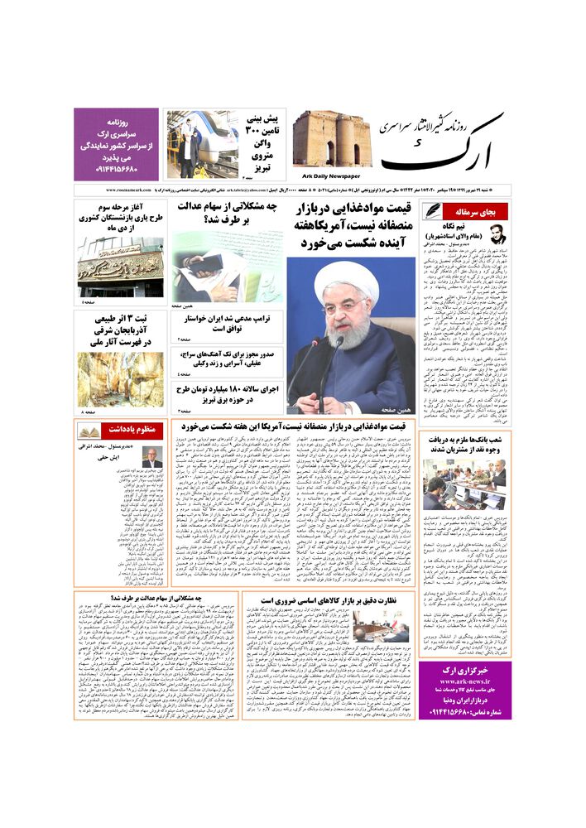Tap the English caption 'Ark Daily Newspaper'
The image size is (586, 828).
click(x=339, y=176)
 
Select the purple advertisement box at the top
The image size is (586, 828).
click(x=115, y=144)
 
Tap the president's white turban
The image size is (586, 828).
click(x=347, y=277)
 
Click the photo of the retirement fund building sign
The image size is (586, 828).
click(x=121, y=267)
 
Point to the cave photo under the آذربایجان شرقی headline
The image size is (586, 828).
click(x=121, y=378)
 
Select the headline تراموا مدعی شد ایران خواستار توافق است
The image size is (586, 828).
click(x=228, y=322)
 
